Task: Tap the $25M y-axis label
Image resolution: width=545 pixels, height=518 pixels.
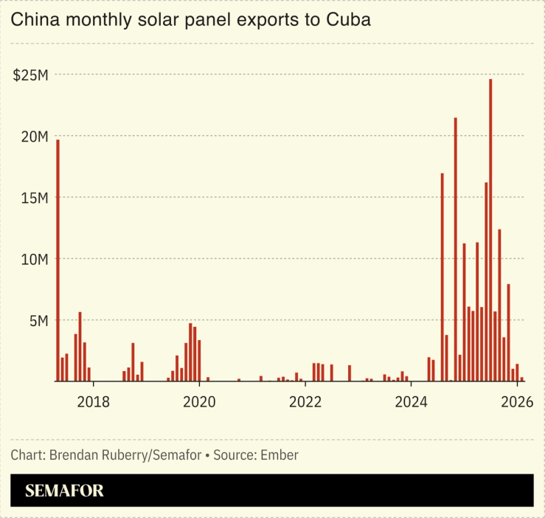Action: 31,75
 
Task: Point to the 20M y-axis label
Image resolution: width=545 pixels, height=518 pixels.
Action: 35,137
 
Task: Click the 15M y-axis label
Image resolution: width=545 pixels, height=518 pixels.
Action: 35,198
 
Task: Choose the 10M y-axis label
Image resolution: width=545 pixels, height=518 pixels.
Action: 35,259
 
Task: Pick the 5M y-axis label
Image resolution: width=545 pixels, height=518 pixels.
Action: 38,320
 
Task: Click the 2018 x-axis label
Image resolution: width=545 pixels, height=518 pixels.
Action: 93,402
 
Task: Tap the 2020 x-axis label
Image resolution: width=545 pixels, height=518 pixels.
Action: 199,402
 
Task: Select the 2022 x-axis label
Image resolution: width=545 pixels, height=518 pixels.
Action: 305,402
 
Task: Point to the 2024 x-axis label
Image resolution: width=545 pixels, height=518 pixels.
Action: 412,402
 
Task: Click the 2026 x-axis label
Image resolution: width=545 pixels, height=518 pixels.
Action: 517,402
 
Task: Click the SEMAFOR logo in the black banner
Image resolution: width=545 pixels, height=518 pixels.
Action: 64,491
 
